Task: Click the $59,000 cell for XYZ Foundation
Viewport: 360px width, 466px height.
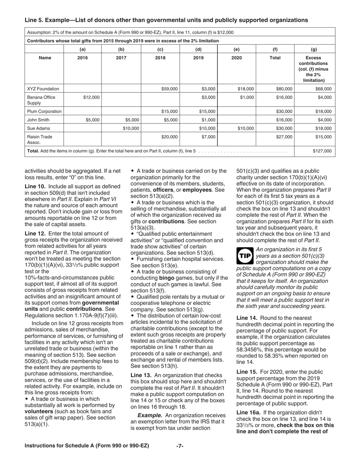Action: (169, 89)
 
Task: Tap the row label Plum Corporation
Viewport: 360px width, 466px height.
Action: (44, 111)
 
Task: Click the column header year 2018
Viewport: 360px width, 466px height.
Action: (160, 58)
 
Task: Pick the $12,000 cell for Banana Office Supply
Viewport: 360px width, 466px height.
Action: (91, 97)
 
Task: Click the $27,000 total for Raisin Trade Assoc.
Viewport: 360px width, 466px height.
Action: (284, 137)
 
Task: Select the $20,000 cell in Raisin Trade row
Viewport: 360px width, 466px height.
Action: (169, 137)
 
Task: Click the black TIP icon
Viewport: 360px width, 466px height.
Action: (244, 256)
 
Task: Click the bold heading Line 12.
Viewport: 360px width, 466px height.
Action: (35, 233)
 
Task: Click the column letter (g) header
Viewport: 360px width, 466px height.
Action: (314, 49)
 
